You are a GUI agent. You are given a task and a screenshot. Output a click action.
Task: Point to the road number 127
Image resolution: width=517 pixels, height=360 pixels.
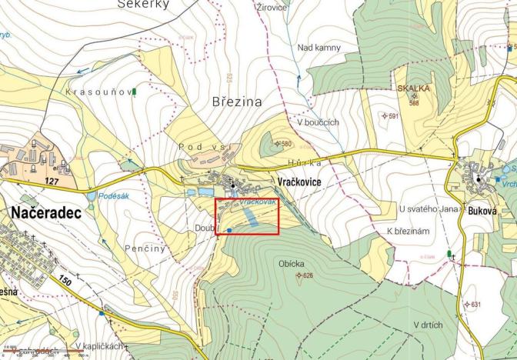[52, 182]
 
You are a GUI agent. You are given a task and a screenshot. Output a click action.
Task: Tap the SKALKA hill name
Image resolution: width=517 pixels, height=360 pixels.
[413, 89]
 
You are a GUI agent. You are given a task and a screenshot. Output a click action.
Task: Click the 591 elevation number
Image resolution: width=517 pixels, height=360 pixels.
[392, 116]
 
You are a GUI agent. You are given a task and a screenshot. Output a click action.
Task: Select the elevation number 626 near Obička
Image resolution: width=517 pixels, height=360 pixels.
[308, 276]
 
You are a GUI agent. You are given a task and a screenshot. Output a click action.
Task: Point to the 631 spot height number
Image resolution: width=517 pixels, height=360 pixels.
[475, 305]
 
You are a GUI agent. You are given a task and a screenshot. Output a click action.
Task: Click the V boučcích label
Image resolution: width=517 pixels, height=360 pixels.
[318, 122]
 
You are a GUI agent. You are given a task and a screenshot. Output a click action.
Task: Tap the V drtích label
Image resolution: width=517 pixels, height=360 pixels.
[428, 325]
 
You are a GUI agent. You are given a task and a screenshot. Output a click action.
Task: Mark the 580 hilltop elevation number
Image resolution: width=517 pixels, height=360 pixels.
[287, 144]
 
